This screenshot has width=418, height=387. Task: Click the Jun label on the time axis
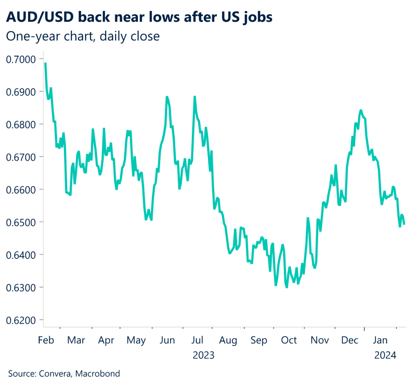click(x=168, y=340)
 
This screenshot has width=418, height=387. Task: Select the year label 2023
click(x=204, y=355)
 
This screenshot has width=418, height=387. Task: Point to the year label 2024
click(x=386, y=355)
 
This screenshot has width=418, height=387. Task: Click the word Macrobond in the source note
click(x=99, y=373)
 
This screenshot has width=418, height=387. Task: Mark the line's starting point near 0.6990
click(x=45, y=63)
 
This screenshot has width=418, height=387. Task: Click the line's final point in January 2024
click(x=404, y=224)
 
